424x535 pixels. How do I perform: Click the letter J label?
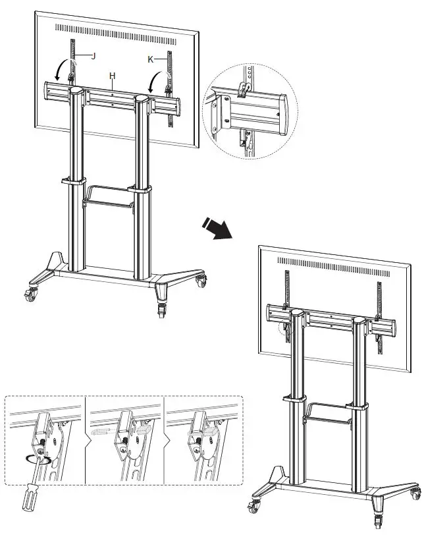[93, 56]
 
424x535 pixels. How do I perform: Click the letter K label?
[151, 59]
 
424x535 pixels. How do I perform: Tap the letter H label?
[113, 76]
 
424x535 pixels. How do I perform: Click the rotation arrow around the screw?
[38, 459]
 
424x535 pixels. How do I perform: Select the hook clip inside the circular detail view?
[244, 89]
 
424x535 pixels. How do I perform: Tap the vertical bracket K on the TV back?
[171, 86]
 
